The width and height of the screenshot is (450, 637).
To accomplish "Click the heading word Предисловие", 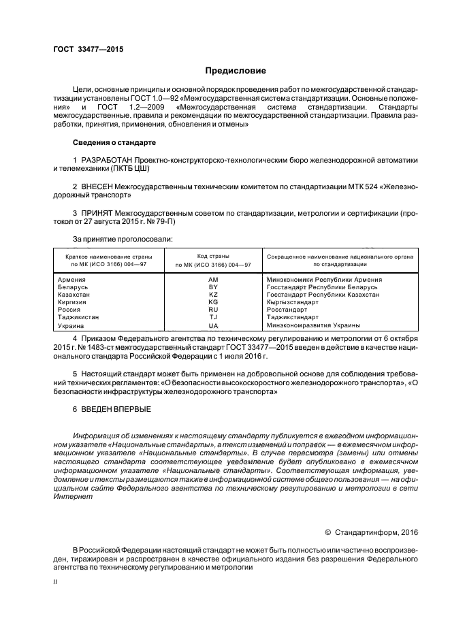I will [x=236, y=71].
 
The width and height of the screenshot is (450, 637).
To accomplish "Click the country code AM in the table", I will [x=213, y=279].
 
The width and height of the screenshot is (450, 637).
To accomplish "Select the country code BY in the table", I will [x=213, y=287].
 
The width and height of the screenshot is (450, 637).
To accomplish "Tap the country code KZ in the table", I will [x=213, y=294].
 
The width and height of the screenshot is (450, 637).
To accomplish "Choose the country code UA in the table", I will [x=213, y=325].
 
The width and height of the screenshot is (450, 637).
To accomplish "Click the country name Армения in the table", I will [x=71, y=279].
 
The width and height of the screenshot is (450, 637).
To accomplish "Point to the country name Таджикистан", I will [x=77, y=317].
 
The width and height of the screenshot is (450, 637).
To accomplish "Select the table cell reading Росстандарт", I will [x=287, y=310].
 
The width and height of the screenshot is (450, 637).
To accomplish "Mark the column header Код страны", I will [x=213, y=255].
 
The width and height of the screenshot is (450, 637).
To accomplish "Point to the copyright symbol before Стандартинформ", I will [x=327, y=532].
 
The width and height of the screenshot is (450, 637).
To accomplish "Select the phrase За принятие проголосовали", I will [x=123, y=239].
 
